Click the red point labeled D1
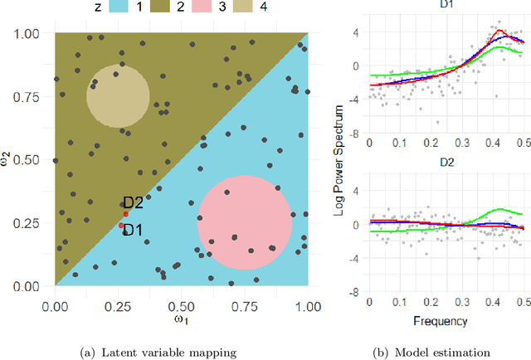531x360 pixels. [121, 225]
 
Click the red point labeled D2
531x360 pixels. [125, 214]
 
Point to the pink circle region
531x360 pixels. [244, 222]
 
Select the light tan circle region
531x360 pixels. [118, 95]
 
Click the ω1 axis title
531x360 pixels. [181, 319]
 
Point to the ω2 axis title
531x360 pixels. [8, 160]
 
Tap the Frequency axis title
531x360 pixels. [446, 320]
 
